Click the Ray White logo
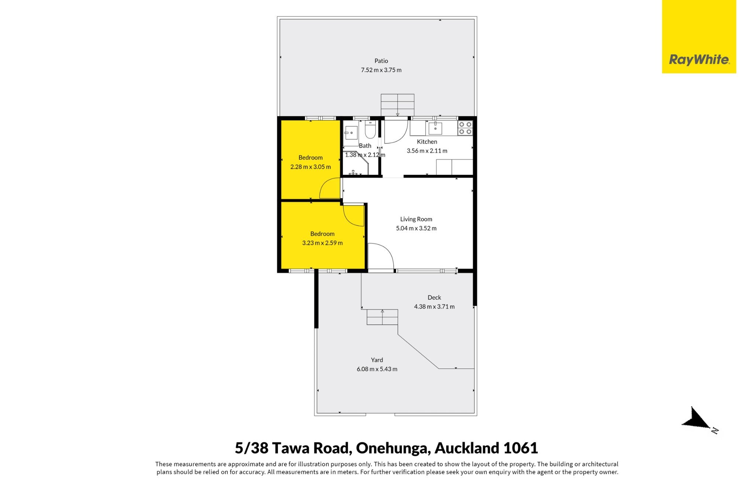699,37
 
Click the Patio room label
381,61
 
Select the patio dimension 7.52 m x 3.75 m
381,70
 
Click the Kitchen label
427,142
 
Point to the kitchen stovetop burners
465,128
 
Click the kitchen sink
436,128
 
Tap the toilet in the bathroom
370,129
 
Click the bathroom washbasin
351,133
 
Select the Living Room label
416,219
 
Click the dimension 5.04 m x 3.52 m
416,228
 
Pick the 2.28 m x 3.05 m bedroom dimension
310,167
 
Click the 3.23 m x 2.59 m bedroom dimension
322,243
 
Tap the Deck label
434,297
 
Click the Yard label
377,360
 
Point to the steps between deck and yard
382,317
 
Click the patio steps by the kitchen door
398,105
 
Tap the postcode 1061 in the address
520,448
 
